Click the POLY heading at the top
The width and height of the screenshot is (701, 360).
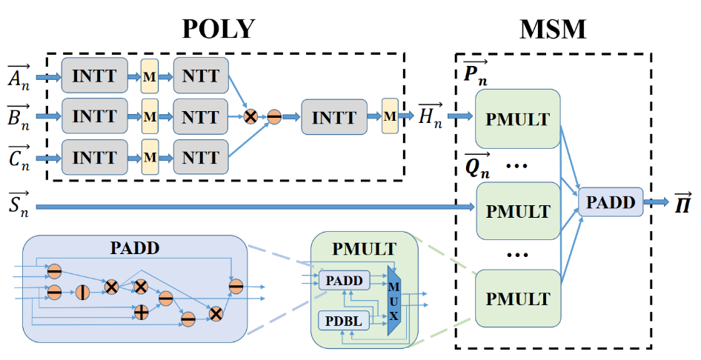coord(219,28)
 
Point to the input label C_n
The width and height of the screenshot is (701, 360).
coord(19,158)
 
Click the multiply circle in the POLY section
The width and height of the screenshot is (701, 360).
coord(251,117)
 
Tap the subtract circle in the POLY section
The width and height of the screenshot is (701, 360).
coord(273,117)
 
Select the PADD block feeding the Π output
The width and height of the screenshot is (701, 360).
coord(611,202)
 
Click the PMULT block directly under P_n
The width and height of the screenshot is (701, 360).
coord(518,119)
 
